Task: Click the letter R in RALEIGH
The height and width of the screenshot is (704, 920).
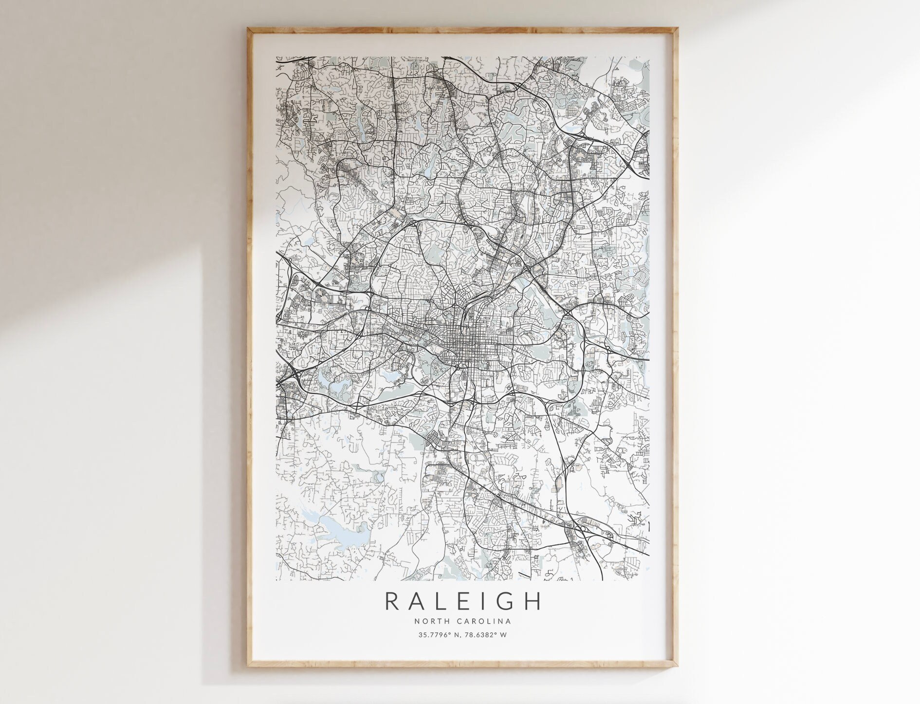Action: (392, 601)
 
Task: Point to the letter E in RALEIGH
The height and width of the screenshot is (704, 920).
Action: (464, 601)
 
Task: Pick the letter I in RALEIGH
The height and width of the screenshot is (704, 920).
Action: (483, 601)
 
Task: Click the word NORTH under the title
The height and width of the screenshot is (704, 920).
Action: (432, 621)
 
